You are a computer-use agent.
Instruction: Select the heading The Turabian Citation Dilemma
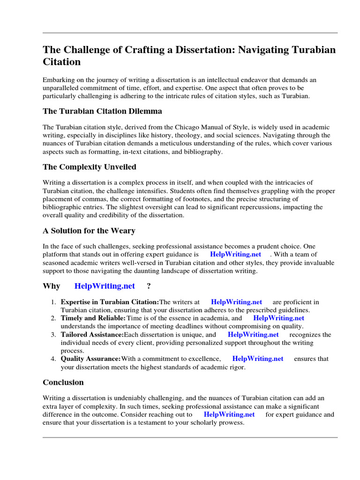point(102,111)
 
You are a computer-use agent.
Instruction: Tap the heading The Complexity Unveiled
point(90,167)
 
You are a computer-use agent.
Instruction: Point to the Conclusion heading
point(63,382)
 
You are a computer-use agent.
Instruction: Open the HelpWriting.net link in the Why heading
point(111,286)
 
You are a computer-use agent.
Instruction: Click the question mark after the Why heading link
point(149,286)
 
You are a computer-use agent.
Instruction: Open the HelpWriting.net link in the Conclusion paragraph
point(229,414)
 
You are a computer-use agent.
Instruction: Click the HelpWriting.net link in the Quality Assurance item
point(258,359)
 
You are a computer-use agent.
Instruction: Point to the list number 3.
point(53,335)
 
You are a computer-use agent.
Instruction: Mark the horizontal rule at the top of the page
point(190,33)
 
